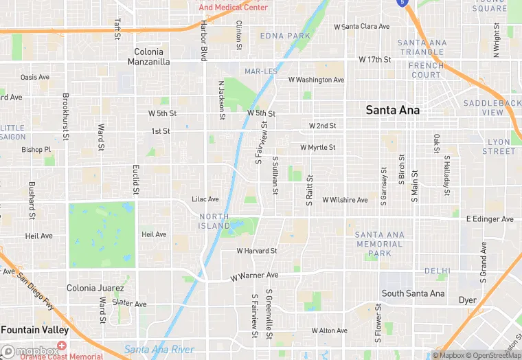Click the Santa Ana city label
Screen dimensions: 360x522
click(x=392, y=109)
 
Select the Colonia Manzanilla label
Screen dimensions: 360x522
click(x=149, y=56)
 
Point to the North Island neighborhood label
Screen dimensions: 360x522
click(x=214, y=221)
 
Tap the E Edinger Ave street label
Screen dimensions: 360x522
click(x=490, y=219)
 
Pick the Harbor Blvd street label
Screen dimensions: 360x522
click(x=204, y=41)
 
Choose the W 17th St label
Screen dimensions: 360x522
click(x=374, y=60)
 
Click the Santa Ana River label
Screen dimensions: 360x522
click(x=159, y=349)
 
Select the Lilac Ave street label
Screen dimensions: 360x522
click(x=205, y=199)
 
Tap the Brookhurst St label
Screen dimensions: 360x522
click(x=66, y=116)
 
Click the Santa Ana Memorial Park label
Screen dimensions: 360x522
click(x=379, y=244)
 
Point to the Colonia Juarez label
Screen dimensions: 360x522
click(x=95, y=288)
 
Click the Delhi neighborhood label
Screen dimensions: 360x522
click(x=436, y=271)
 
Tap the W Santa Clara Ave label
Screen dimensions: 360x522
click(x=361, y=27)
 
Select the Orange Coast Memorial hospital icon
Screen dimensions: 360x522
click(x=62, y=346)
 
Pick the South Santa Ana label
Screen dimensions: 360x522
click(x=413, y=293)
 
